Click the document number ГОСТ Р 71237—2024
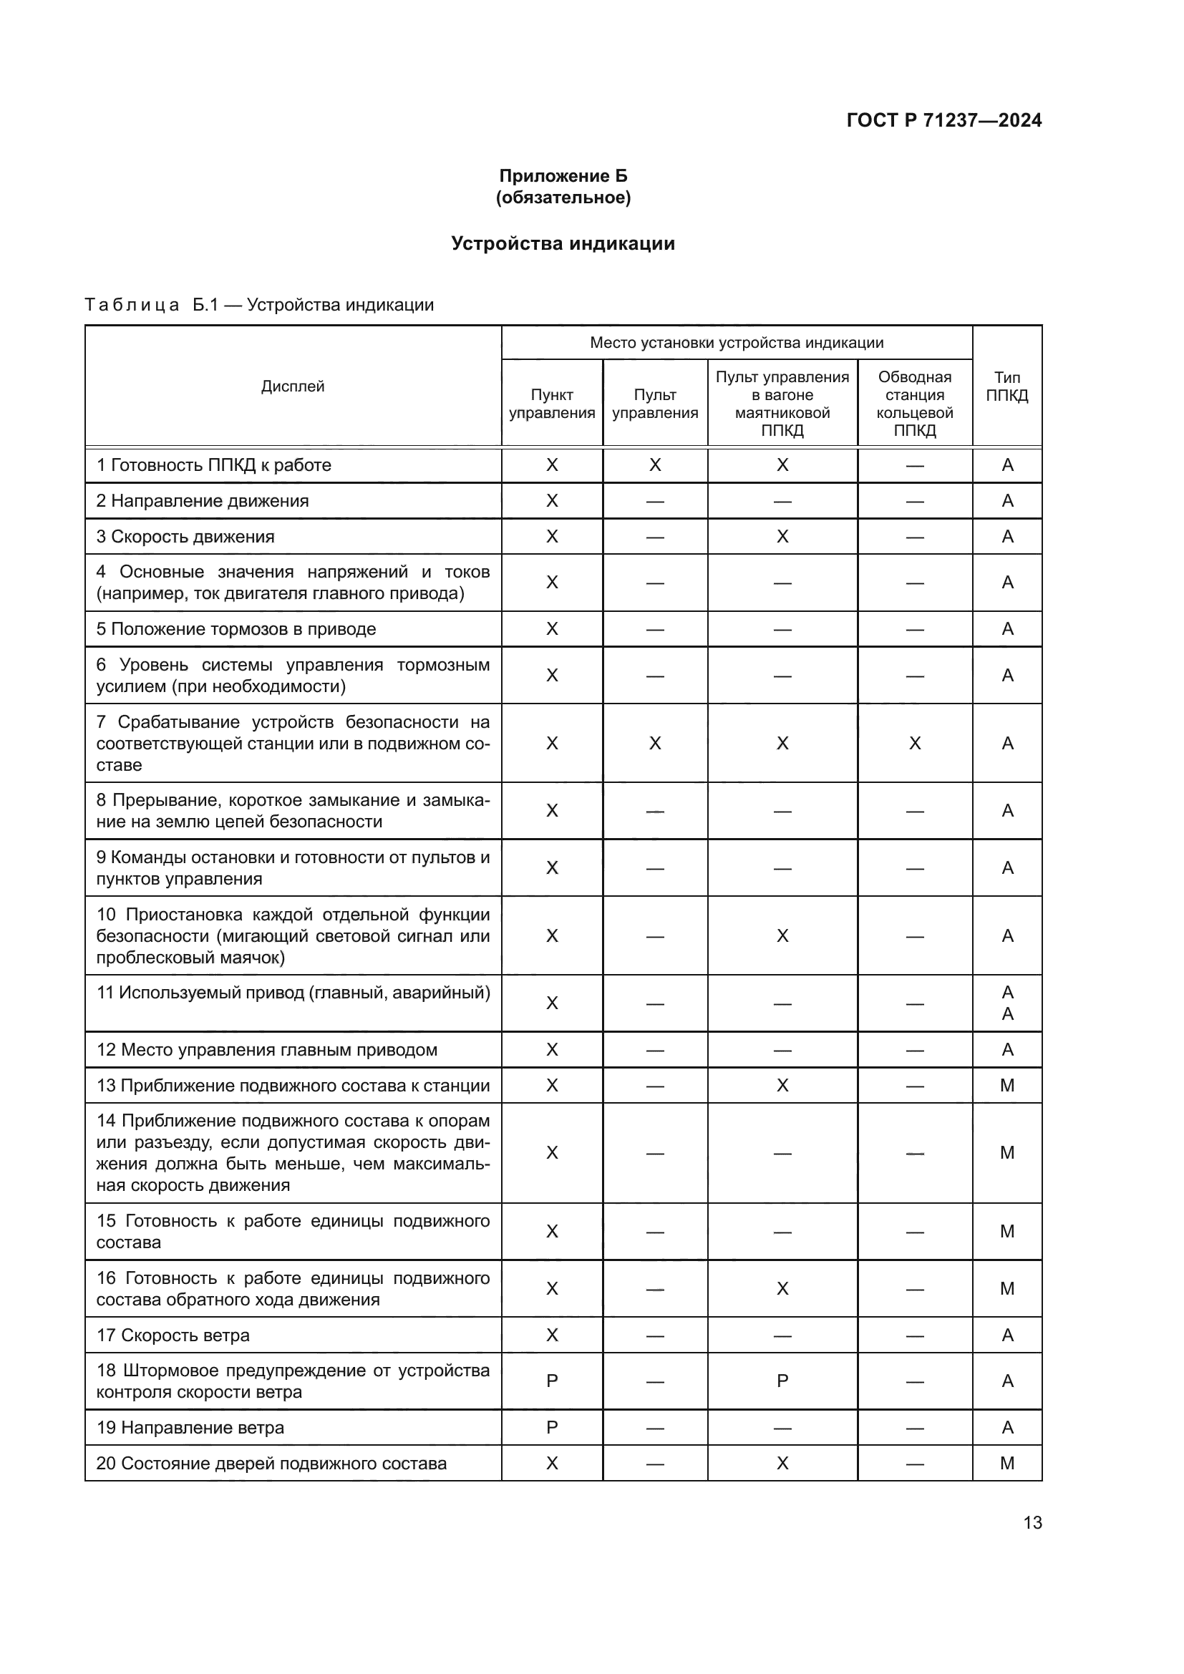click(943, 120)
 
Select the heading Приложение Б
click(563, 176)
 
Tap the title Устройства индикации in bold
click(563, 243)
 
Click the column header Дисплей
click(292, 386)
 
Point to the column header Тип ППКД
click(1007, 386)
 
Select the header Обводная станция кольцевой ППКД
click(914, 403)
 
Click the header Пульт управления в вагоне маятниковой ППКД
click(782, 403)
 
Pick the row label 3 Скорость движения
click(185, 537)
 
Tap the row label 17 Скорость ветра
click(173, 1335)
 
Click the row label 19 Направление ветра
click(190, 1428)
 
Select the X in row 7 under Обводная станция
click(914, 743)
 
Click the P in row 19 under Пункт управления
click(552, 1428)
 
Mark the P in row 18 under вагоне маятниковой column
click(782, 1381)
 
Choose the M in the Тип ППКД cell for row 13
click(1007, 1086)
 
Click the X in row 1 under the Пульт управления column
click(655, 465)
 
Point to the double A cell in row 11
click(1008, 1003)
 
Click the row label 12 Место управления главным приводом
click(267, 1050)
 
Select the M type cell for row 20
click(1007, 1464)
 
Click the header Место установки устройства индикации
click(737, 343)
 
